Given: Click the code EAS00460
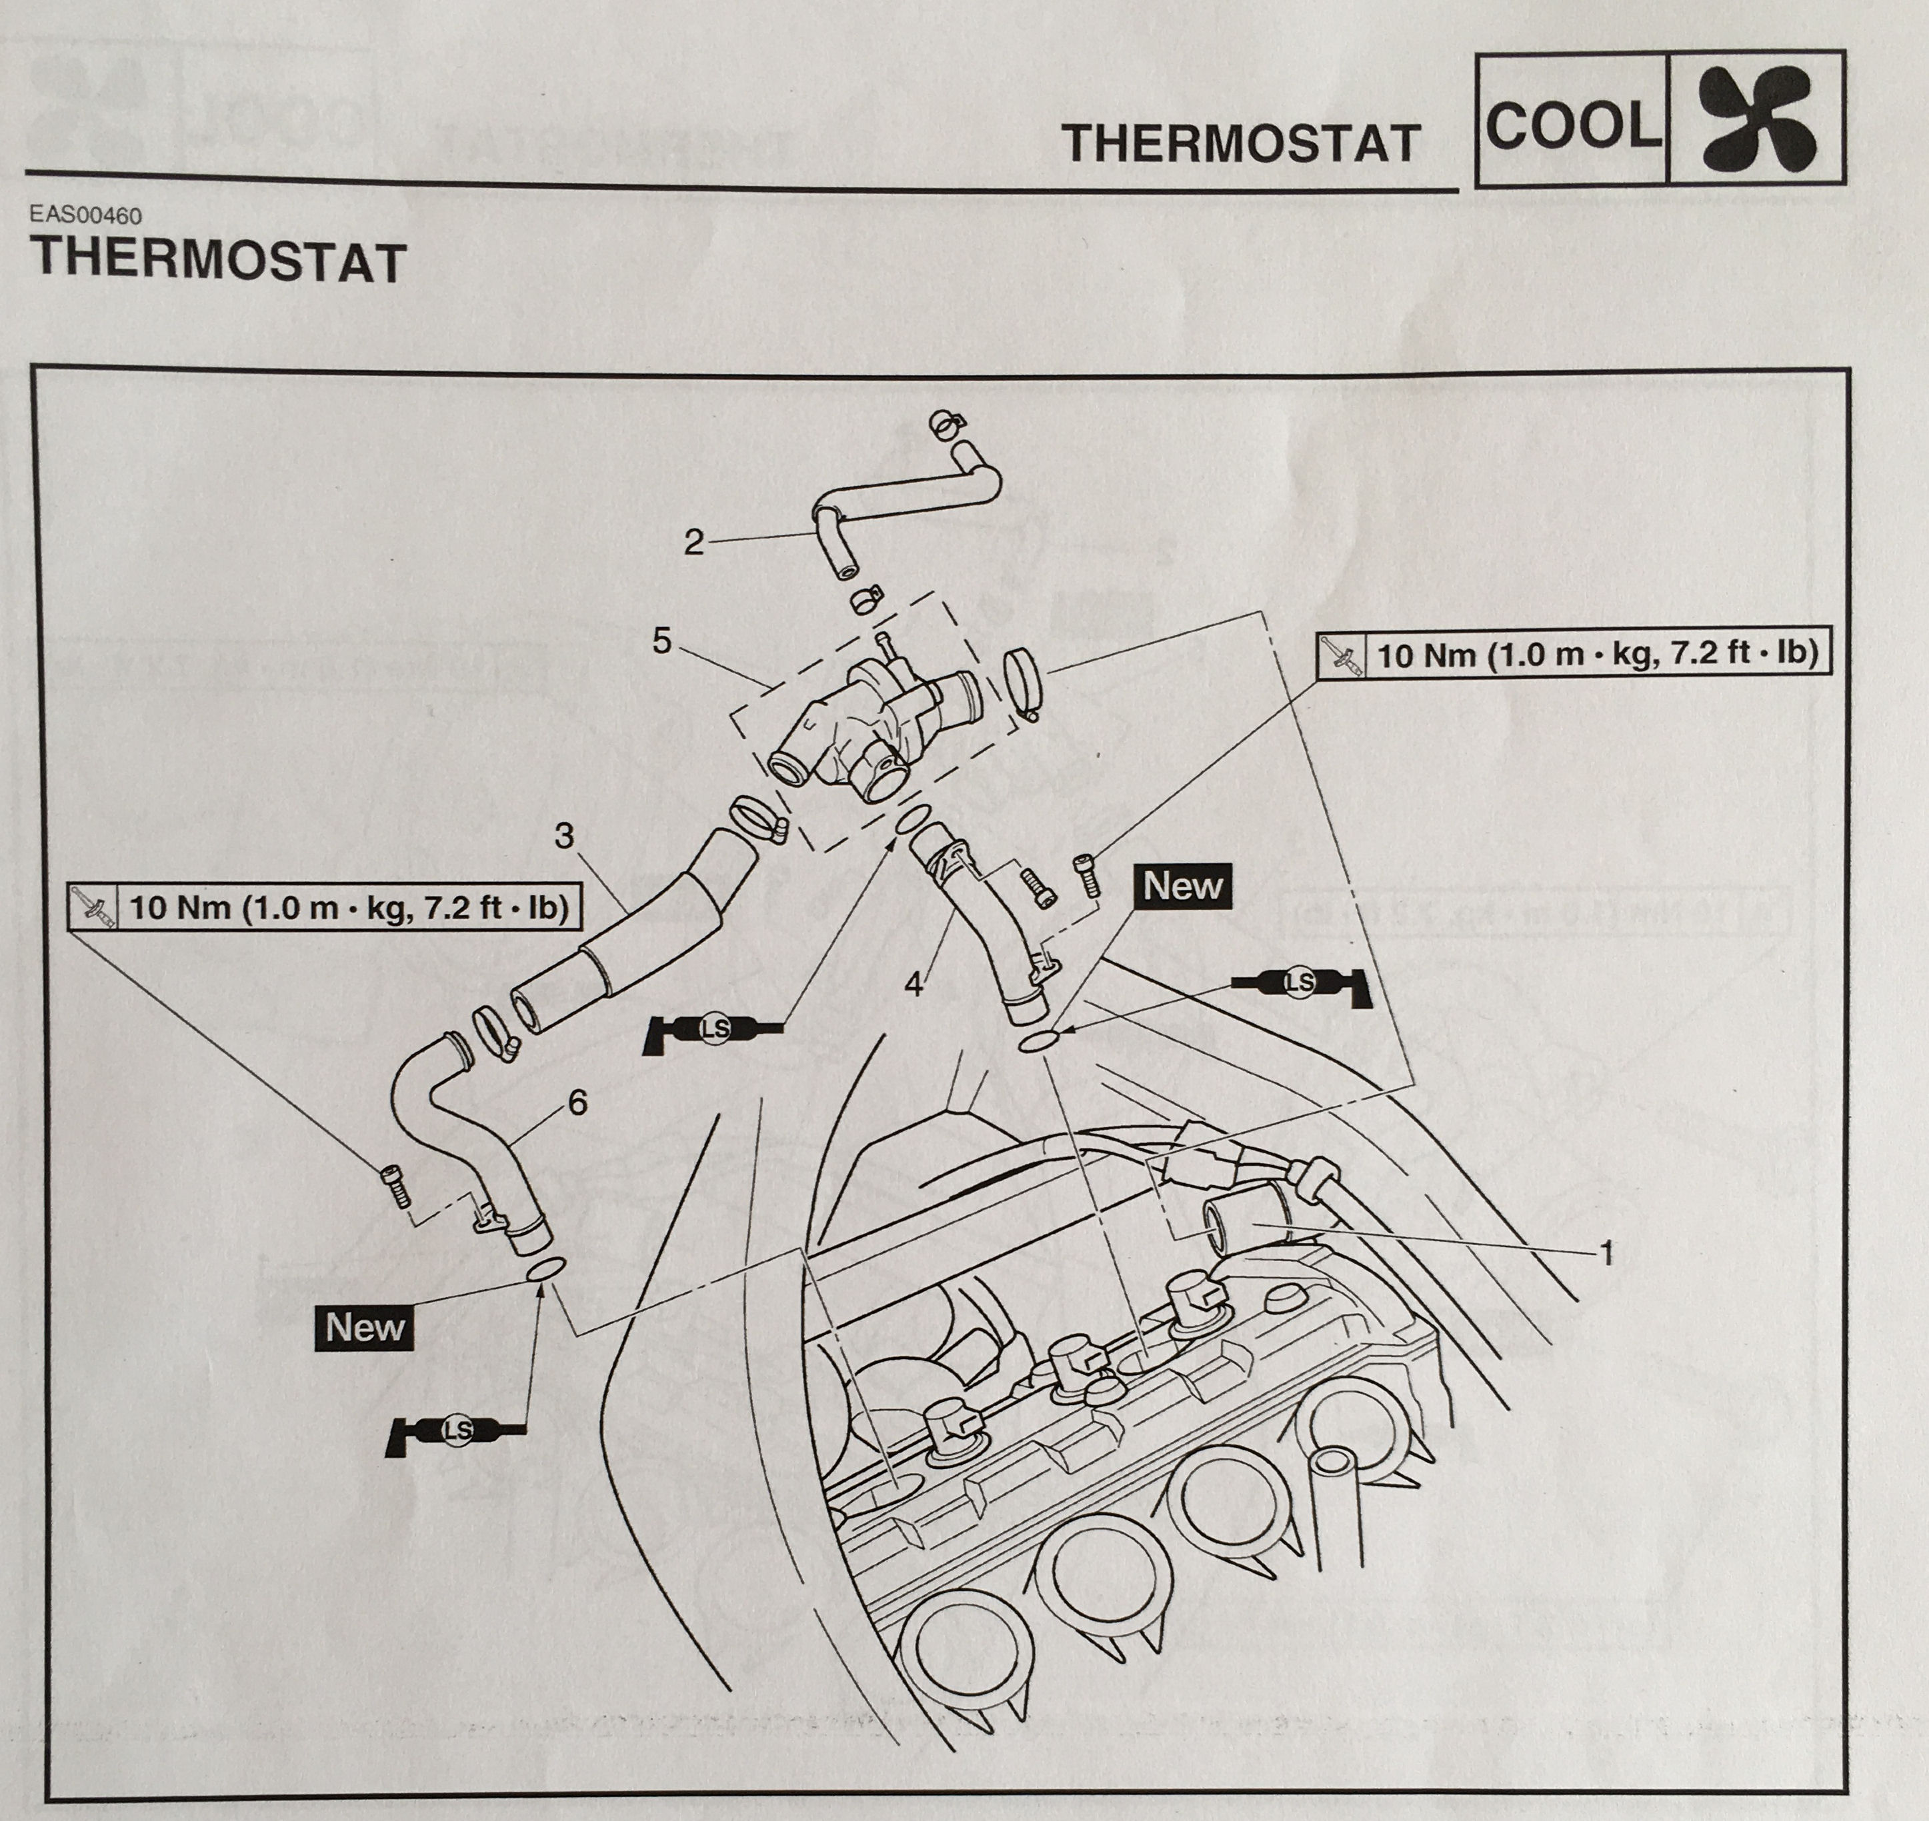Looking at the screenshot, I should pos(85,215).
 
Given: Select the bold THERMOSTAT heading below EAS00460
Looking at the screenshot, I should pos(219,261).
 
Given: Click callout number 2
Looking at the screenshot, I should pos(693,542).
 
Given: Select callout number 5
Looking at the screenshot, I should pos(662,641).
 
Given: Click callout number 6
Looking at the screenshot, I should pos(577,1102).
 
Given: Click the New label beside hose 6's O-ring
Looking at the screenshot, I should pos(364,1327).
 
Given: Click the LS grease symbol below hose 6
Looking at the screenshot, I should pos(456,1430).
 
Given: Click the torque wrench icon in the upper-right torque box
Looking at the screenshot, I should pos(1341,656).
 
